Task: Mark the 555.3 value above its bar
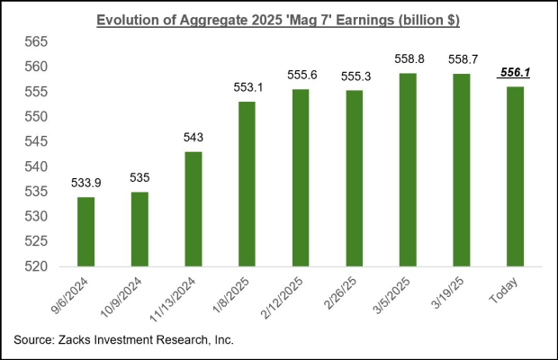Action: [x=352, y=78]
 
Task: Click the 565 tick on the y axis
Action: [x=36, y=42]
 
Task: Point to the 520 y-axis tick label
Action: [x=36, y=267]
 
